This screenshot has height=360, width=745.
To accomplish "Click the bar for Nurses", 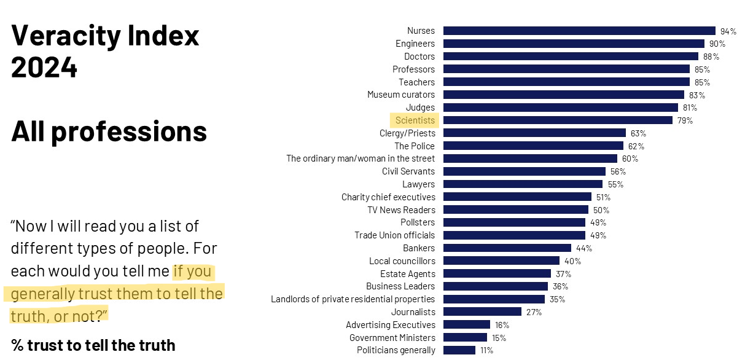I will tap(579, 31).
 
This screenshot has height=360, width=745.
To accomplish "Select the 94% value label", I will tap(728, 31).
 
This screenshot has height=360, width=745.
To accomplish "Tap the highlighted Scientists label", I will tap(415, 120).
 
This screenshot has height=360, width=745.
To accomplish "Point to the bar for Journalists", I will tap(482, 312).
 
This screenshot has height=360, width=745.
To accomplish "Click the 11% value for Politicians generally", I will tap(486, 350).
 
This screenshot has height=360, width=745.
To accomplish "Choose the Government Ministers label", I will tap(392, 338).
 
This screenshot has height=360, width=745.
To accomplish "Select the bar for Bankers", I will tap(507, 248).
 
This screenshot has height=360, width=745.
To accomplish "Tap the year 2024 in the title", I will tap(44, 68).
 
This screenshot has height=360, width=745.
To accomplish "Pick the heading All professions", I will tap(109, 131).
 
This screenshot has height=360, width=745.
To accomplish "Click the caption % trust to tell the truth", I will tap(93, 345).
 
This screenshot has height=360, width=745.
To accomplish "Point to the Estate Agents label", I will tap(407, 274).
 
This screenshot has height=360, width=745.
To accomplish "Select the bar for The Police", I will tap(533, 146).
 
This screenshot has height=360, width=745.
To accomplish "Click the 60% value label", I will tap(630, 159).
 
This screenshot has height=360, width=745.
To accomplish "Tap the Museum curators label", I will tap(400, 95).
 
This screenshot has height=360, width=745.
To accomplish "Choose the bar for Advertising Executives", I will tap(467, 325).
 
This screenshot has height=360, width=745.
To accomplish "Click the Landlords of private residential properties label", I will tap(353, 299).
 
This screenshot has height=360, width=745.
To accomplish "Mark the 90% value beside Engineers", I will tap(717, 44).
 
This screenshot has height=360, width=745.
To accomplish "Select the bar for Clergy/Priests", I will tap(534, 133).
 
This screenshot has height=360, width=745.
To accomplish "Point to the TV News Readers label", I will tap(400, 210).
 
